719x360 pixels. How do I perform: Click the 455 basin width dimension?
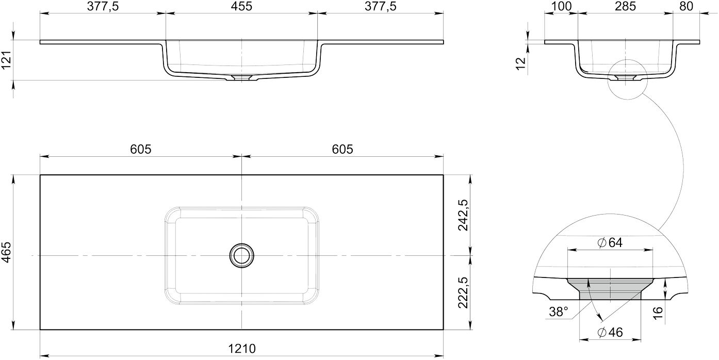(241, 6)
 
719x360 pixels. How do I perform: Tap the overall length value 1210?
(242, 349)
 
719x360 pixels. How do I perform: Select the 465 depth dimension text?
(6, 252)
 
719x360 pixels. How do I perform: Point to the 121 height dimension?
(6, 60)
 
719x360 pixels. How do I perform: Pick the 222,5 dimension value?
(463, 292)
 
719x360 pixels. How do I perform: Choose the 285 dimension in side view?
(625, 6)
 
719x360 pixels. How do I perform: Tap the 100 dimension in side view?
(562, 6)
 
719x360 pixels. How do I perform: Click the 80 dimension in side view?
(687, 6)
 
